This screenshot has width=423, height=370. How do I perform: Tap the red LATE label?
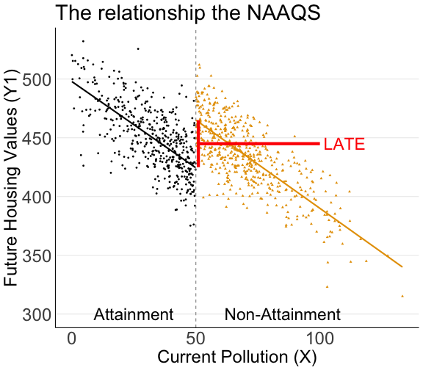[344, 144]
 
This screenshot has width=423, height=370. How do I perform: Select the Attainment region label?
[134, 314]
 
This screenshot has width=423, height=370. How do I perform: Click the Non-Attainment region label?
[283, 314]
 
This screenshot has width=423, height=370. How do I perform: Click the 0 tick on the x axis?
[72, 340]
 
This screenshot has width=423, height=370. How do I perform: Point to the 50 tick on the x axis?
[196, 340]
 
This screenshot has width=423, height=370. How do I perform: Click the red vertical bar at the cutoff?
[198, 144]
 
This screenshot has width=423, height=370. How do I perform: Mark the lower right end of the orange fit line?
[402, 266]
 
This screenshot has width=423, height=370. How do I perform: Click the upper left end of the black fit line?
[72, 81]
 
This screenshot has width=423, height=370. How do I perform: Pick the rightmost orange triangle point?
[402, 296]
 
